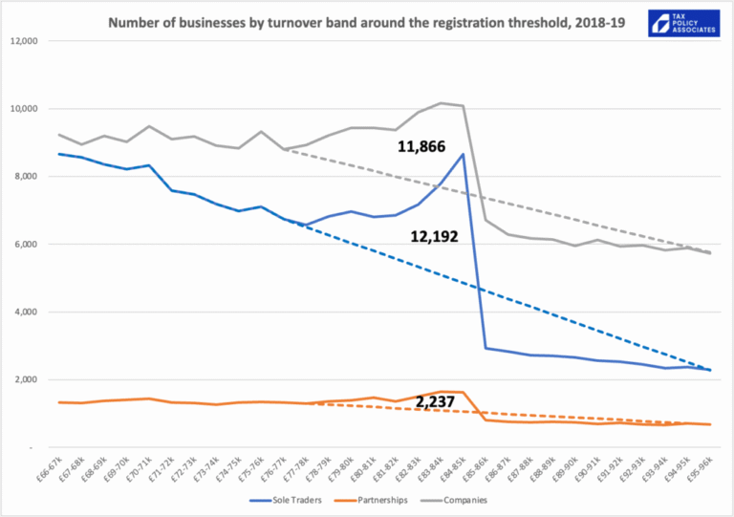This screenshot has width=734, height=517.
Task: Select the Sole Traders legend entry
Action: pyautogui.click(x=285, y=499)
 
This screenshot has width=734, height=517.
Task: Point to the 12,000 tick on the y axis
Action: pyautogui.click(x=21, y=41)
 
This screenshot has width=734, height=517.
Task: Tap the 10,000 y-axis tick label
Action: pyautogui.click(x=21, y=109)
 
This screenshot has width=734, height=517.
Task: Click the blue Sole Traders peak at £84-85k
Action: pyautogui.click(x=464, y=154)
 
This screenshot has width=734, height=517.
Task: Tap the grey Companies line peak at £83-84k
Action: pyautogui.click(x=441, y=103)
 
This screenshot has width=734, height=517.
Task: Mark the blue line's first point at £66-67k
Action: pyautogui.click(x=60, y=154)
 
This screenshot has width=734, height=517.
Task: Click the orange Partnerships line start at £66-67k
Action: pyautogui.click(x=60, y=402)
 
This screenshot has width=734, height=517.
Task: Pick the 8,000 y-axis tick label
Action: pyautogui.click(x=24, y=177)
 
